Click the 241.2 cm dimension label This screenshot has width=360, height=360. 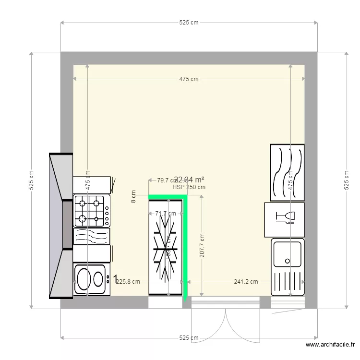[246, 282]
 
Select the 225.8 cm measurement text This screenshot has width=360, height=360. [128, 282]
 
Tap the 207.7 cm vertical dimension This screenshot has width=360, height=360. [202, 246]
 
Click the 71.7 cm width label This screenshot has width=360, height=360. [166, 214]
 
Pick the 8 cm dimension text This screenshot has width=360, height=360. [134, 196]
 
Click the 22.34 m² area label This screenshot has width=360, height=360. [189, 180]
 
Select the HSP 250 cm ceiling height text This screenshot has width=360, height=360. [189, 188]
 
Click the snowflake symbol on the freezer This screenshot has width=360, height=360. [165, 247]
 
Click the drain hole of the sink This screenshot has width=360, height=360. [287, 261]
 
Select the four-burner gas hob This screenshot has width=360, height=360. [91, 210]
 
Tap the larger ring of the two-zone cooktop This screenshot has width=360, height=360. [84, 279]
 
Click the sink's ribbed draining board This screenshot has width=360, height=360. [287, 283]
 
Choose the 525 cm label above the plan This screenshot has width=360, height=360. [189, 23]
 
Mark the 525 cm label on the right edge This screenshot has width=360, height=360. [346, 180]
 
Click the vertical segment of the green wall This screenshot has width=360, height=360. [185, 247]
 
